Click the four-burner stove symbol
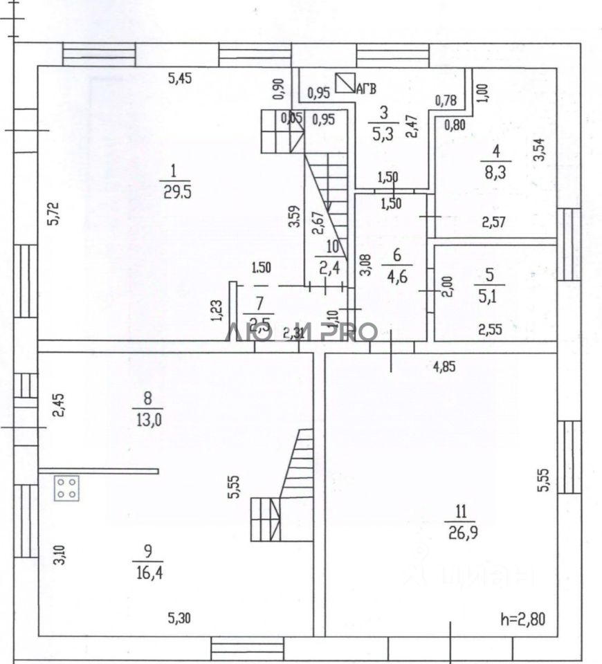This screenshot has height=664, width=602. click(66, 488)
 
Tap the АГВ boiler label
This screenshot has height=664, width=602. click(367, 88)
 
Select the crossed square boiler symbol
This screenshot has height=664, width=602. click(345, 82)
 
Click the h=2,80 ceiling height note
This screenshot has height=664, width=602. click(522, 619)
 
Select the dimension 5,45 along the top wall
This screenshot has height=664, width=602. click(180, 79)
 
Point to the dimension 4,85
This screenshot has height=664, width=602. click(444, 367)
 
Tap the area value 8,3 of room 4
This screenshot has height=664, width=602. click(495, 172)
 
